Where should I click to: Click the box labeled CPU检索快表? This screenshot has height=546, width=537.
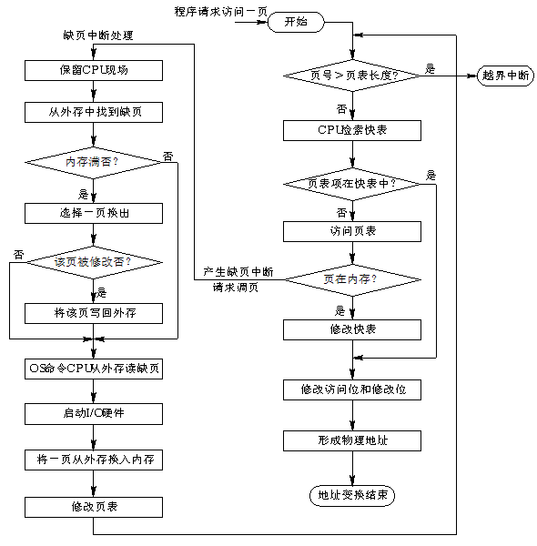pyautogui.click(x=352, y=130)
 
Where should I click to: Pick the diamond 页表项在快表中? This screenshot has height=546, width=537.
pyautogui.click(x=352, y=183)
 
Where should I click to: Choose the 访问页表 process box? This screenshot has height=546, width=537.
pyautogui.click(x=352, y=231)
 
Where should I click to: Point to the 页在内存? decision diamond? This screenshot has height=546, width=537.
pyautogui.click(x=352, y=278)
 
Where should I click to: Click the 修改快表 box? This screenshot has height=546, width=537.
pyautogui.click(x=352, y=328)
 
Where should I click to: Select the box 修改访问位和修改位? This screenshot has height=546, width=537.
pyautogui.click(x=352, y=389)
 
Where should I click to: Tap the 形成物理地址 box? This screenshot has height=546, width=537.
pyautogui.click(x=352, y=440)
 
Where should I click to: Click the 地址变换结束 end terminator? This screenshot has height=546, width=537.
pyautogui.click(x=352, y=495)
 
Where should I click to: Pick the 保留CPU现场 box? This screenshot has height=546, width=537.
pyautogui.click(x=95, y=70)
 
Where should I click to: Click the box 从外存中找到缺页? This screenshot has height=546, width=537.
pyautogui.click(x=95, y=113)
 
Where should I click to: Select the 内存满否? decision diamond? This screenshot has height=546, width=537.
pyautogui.click(x=95, y=161)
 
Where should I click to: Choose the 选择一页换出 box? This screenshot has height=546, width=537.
pyautogui.click(x=95, y=213)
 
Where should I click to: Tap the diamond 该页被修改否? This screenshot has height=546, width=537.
pyautogui.click(x=95, y=261)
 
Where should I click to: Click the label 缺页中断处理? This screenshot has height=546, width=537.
pyautogui.click(x=97, y=35)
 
